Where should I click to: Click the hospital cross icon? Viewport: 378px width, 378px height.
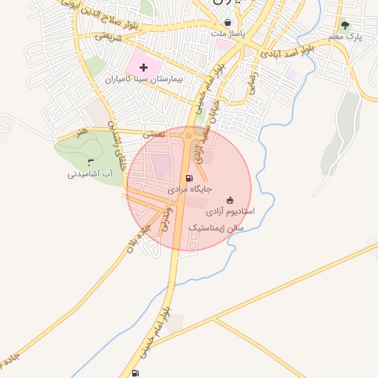(x=143, y=67)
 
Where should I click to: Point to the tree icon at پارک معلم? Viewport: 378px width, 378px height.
(x=346, y=25)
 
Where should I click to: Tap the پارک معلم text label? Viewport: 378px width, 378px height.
(x=346, y=36)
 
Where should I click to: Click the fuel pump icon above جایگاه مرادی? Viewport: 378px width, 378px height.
(x=190, y=178)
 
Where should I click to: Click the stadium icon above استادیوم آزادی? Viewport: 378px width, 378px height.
(x=230, y=200)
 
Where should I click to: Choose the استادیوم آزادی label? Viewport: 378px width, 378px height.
(x=230, y=211)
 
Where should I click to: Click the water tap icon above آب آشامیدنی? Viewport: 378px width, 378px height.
(x=90, y=163)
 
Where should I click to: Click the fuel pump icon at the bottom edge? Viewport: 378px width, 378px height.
(x=134, y=373)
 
